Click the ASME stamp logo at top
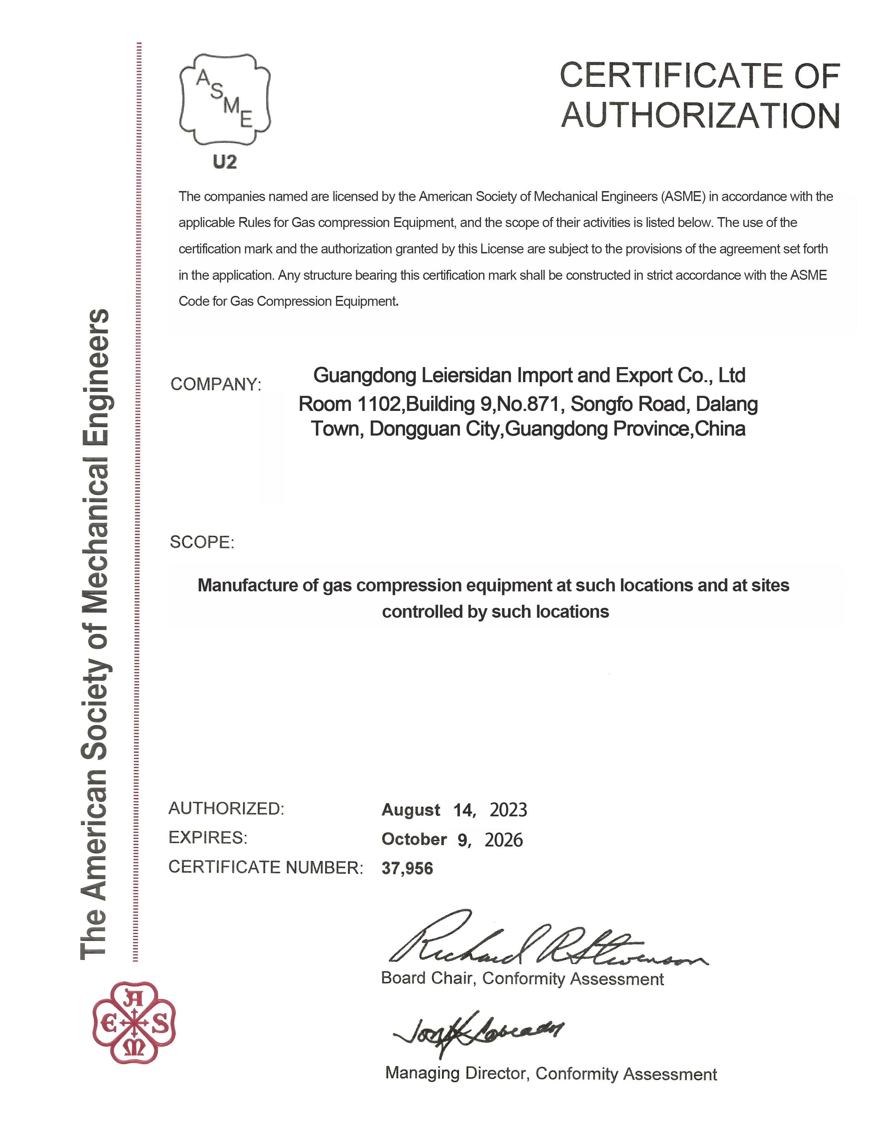point(225,99)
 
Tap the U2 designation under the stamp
point(225,162)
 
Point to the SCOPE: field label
point(202,542)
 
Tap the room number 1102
point(379,404)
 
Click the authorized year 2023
point(508,810)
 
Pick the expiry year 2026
point(503,839)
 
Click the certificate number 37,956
point(407,868)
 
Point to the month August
point(411,810)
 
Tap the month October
point(414,839)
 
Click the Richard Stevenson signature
point(544,943)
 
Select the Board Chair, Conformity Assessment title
point(522,978)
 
